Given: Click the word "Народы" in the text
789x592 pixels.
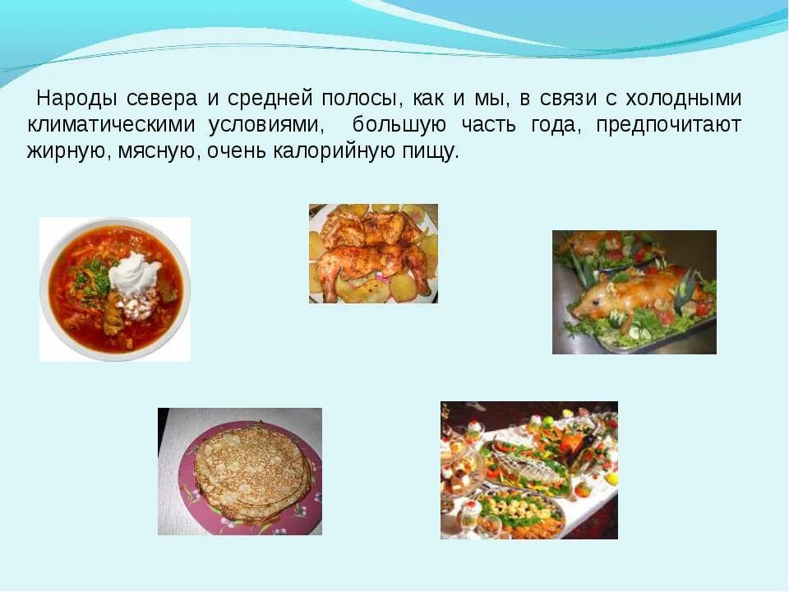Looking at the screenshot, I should coord(76,99).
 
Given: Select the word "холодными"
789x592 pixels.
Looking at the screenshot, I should coord(684,99).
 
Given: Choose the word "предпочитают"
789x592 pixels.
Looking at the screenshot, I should coord(669,126).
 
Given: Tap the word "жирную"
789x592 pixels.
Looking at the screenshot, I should coord(64,152).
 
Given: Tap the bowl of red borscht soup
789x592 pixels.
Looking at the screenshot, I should coord(114,288).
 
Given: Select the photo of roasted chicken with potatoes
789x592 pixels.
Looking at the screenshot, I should coord(373,253).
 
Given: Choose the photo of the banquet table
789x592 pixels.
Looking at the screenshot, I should coord(528,469).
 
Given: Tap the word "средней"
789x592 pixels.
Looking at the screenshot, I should coord(267,99).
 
